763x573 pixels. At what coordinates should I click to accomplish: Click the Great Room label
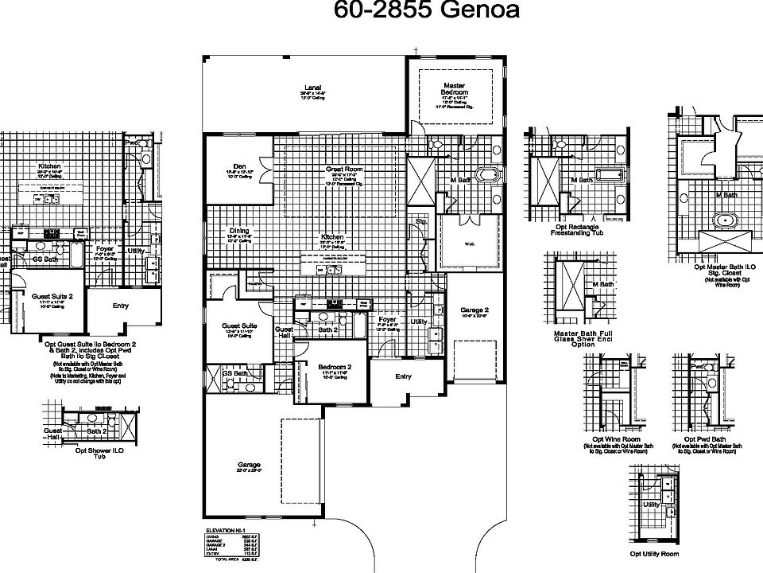pyautogui.click(x=343, y=170)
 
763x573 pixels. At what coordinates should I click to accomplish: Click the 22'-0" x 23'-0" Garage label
pyautogui.click(x=248, y=467)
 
